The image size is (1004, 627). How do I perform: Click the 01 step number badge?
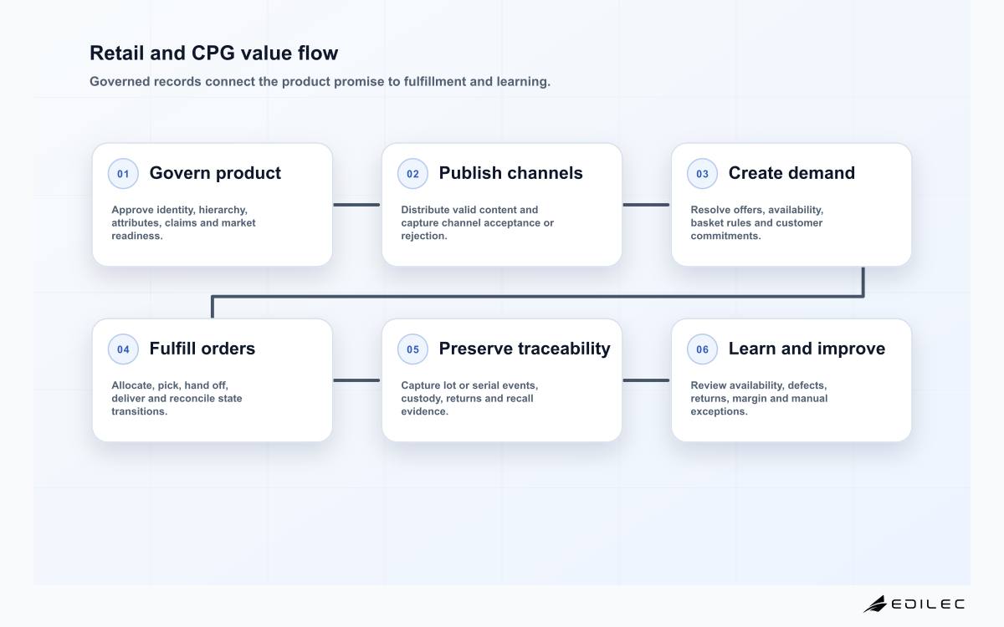[x=123, y=173]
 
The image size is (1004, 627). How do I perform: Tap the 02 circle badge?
[x=412, y=173]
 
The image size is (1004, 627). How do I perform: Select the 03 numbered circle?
[x=702, y=173]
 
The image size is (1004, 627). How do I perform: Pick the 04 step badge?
[x=123, y=349]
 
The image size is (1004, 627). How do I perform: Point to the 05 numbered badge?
[x=412, y=349]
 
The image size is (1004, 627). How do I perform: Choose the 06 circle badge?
[x=702, y=349]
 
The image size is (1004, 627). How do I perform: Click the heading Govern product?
[x=215, y=173]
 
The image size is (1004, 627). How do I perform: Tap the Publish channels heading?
[x=510, y=173]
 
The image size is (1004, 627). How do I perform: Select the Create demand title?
[x=791, y=173]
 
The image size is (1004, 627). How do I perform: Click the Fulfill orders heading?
[x=202, y=349]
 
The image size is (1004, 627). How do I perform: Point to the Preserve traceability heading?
[x=525, y=349]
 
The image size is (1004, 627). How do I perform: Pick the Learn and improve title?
[x=807, y=349]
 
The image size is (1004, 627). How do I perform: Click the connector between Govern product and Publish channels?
[x=356, y=205]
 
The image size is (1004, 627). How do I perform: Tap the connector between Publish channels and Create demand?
[x=646, y=205]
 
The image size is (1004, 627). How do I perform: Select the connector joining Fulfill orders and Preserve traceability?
[x=356, y=380]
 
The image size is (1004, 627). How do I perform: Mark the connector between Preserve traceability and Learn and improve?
[x=646, y=380]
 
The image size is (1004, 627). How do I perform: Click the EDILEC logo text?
[x=928, y=604]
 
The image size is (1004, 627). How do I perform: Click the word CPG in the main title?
[x=213, y=53]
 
